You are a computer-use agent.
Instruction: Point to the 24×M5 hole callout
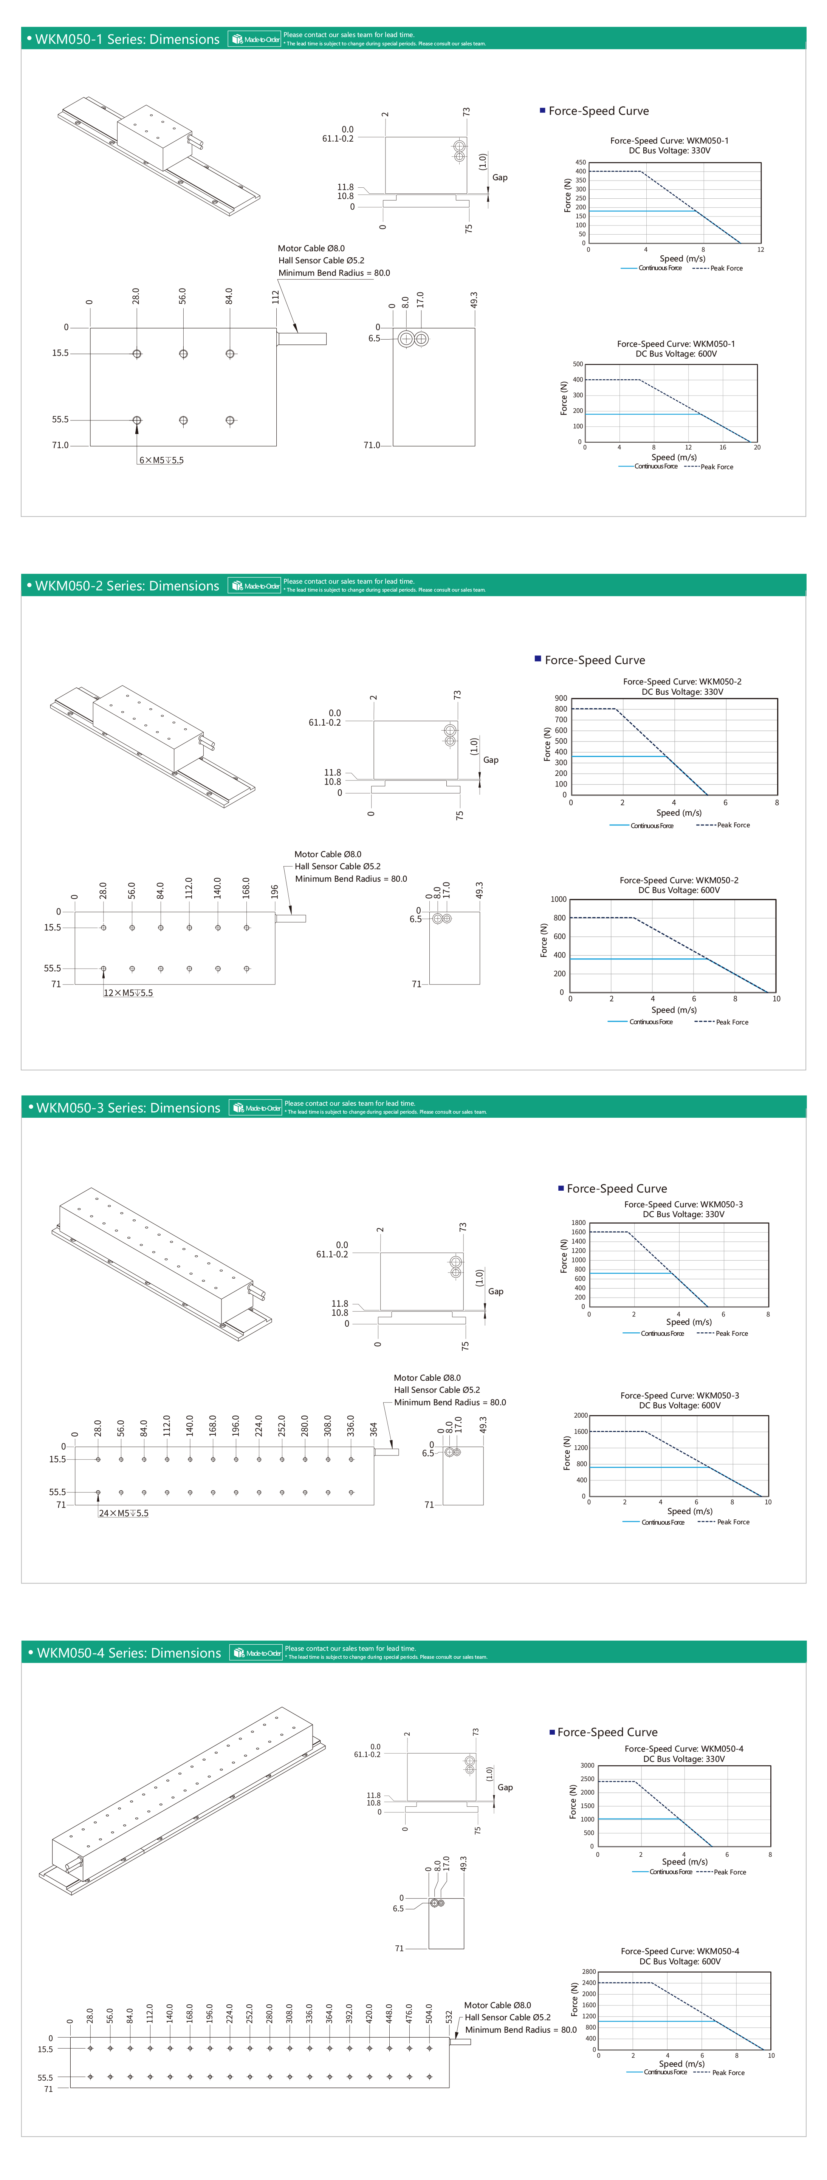point(124,1513)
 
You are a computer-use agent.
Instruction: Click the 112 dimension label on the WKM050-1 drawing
point(275,297)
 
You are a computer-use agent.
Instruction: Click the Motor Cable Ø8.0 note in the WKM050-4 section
point(498,2005)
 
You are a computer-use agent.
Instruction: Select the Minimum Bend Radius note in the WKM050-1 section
point(335,272)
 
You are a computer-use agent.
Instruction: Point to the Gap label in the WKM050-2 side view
point(491,760)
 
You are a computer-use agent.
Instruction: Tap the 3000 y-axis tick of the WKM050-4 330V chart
point(587,1765)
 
